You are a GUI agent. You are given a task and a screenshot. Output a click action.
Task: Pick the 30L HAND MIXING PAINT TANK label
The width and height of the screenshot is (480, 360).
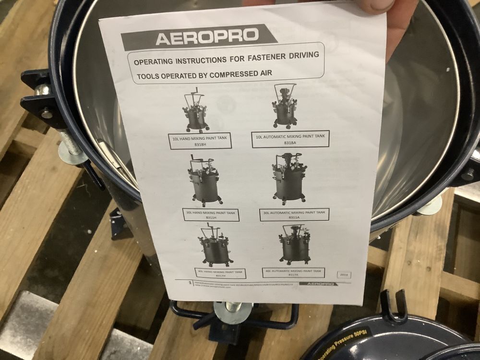[211, 215]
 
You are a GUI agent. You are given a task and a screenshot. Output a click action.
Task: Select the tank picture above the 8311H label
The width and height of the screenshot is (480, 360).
[204, 181]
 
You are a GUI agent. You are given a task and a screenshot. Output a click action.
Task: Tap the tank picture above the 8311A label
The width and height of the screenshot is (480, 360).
[289, 178]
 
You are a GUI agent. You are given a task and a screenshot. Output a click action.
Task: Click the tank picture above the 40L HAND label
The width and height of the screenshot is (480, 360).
[216, 246]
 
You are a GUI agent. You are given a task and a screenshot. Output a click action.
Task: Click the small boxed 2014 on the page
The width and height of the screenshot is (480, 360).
[344, 275]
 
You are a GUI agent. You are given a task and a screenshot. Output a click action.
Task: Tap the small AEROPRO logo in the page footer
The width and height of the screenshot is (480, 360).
[318, 284]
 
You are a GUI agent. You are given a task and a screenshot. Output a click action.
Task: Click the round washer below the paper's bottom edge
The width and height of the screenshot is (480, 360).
[233, 312]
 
